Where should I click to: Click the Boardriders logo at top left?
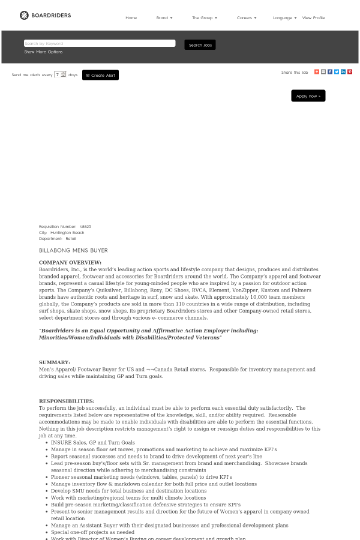[x=45, y=15]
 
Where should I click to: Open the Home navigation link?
[x=131, y=18]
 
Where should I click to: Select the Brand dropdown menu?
[x=164, y=18]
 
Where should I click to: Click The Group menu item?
[x=204, y=18]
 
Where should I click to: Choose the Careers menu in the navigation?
[x=246, y=18]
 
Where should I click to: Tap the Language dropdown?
[x=284, y=18]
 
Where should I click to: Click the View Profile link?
[x=313, y=18]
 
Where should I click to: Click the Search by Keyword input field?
[x=100, y=43]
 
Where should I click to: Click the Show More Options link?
[x=43, y=52]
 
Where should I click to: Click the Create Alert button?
[x=100, y=75]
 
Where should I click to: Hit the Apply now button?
[x=308, y=96]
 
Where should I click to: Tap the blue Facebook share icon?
[x=330, y=72]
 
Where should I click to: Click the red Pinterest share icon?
[x=350, y=72]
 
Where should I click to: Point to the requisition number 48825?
[x=85, y=227]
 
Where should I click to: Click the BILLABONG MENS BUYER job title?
[x=73, y=250]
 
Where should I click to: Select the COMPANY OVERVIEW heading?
[x=70, y=262]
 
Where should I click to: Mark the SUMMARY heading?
[x=55, y=362]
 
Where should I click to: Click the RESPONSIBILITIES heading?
[x=67, y=401]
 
